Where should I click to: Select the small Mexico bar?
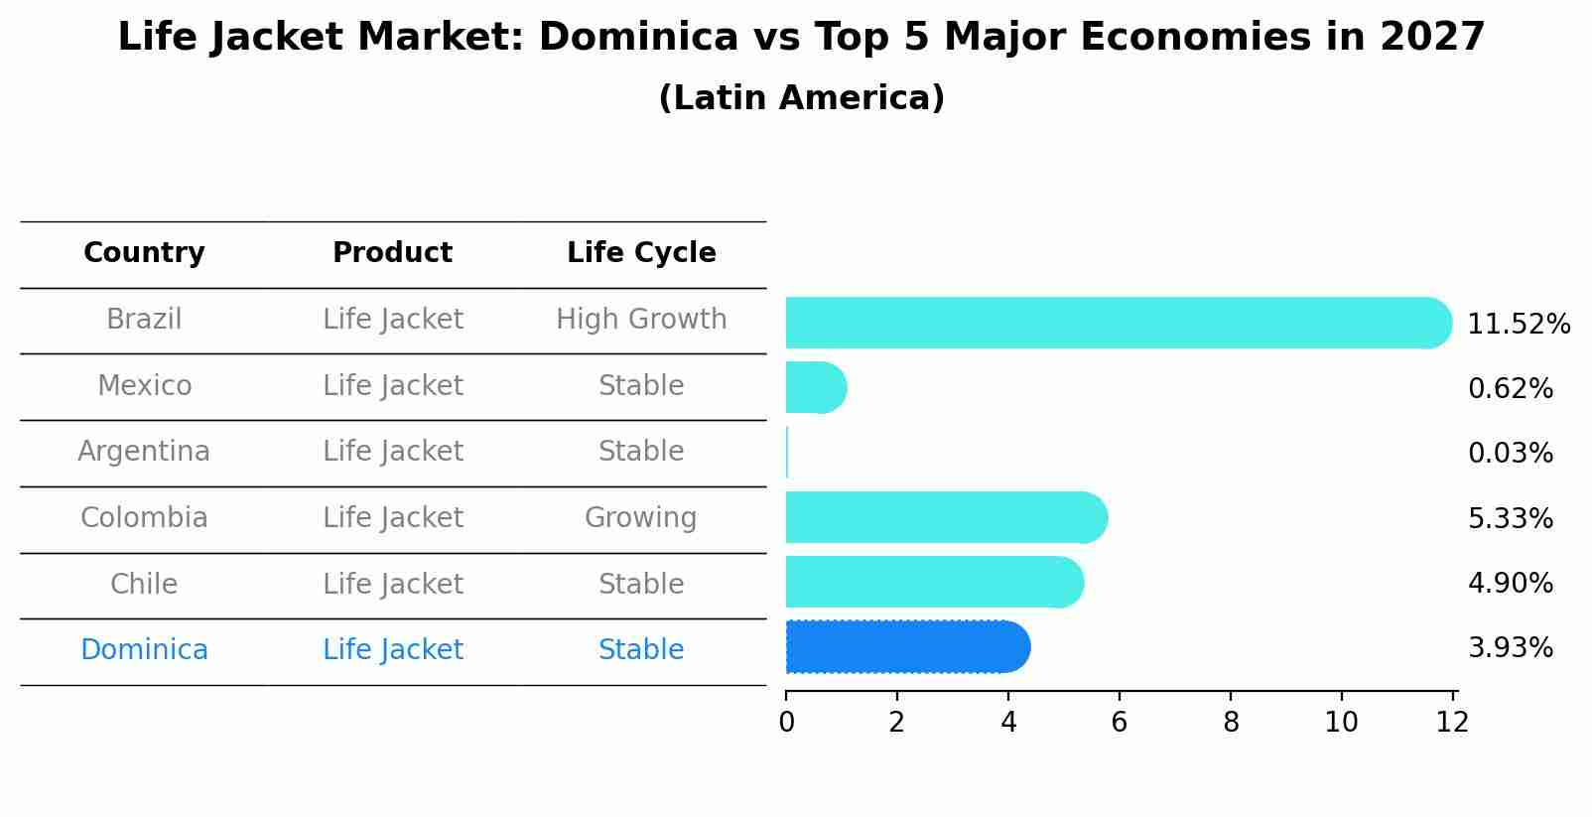click(x=815, y=387)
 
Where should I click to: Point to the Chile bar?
click(x=933, y=582)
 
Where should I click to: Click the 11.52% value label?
click(x=1518, y=325)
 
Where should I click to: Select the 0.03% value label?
click(x=1510, y=454)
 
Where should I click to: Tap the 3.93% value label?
click(x=1510, y=648)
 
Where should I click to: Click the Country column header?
click(x=144, y=253)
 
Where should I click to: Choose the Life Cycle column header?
click(x=641, y=253)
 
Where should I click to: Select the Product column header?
click(x=392, y=253)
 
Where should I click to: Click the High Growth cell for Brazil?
click(x=641, y=320)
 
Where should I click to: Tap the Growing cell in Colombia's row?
click(x=640, y=518)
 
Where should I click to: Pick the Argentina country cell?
click(x=144, y=452)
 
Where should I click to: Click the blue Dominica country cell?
click(x=144, y=650)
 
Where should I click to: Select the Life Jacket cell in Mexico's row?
click(x=392, y=386)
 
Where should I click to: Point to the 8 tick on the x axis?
click(x=1231, y=723)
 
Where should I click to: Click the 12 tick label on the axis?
click(x=1452, y=723)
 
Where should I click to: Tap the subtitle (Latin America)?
click(x=801, y=98)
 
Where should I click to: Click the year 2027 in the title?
click(x=1432, y=38)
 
